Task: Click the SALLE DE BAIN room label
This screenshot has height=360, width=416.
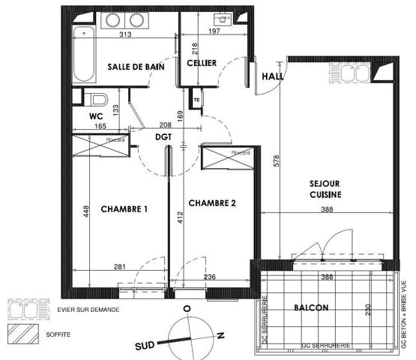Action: [136, 67]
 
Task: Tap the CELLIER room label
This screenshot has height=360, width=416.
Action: [201, 64]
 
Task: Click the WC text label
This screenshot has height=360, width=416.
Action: [95, 116]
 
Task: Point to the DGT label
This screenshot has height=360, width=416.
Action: [163, 138]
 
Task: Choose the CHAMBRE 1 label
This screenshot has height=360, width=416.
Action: [124, 209]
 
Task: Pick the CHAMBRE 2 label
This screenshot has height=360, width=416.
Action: [212, 203]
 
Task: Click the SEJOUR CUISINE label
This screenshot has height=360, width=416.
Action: [326, 188]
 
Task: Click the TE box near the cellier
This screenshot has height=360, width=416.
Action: [196, 100]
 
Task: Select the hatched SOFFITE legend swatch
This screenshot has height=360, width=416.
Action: [19, 329]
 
